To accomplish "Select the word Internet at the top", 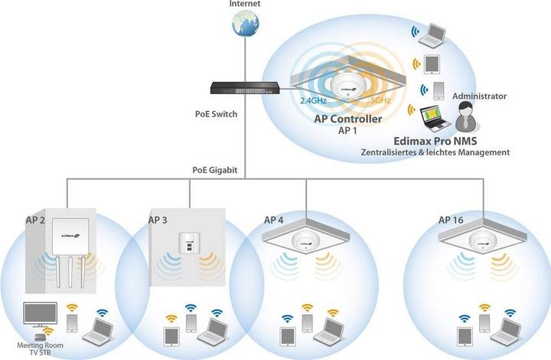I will coord(244,5).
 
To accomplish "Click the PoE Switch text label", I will coord(217,115).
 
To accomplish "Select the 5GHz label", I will coord(381,100).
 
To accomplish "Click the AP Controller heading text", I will coord(348,119).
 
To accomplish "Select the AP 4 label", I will coord(273,220).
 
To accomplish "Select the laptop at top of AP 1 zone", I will coord(436,34).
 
